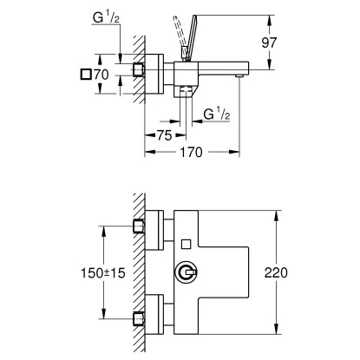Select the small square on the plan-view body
(x=186, y=243)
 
